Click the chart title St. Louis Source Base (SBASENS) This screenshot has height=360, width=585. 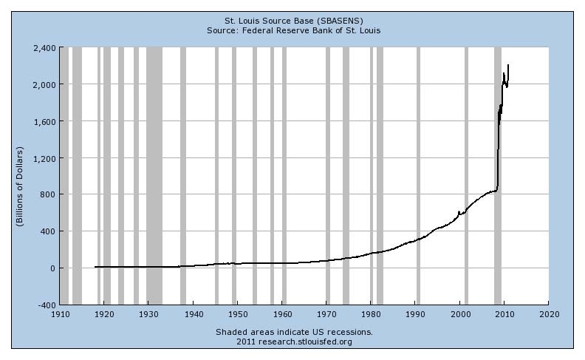point(293,20)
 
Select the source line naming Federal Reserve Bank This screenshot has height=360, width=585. point(293,30)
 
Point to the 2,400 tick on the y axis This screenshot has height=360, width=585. point(44,48)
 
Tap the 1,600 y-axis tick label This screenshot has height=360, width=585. point(44,121)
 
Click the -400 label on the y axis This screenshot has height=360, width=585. point(46,305)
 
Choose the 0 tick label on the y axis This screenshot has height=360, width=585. point(52,268)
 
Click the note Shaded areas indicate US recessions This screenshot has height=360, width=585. point(294,332)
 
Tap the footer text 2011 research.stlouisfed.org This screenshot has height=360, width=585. point(294,342)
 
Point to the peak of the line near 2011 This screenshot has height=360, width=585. point(508,65)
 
